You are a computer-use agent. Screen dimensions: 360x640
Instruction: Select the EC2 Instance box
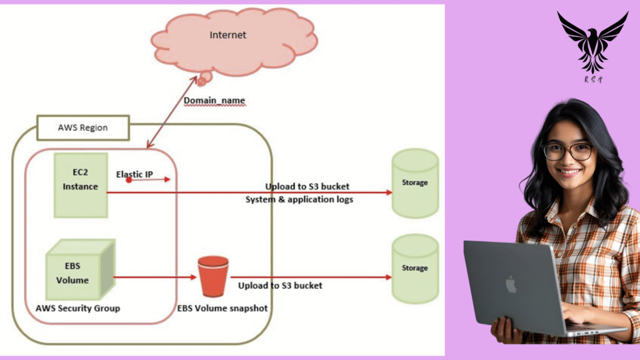81,184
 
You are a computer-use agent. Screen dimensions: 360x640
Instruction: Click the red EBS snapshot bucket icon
213,277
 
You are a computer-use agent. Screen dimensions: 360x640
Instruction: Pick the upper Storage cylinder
415,183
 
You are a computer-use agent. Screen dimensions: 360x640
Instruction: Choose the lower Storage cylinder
415,269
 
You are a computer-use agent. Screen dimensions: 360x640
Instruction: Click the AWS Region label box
83,127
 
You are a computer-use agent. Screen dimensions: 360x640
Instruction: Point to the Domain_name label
214,100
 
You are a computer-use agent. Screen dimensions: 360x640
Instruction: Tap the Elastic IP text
134,174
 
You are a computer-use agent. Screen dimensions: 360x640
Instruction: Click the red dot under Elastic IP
129,180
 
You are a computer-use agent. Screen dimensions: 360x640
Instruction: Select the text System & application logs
299,199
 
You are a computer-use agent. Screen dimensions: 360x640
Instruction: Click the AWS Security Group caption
78,308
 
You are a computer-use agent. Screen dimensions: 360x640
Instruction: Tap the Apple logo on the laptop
511,285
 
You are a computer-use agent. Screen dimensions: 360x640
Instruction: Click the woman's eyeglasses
567,151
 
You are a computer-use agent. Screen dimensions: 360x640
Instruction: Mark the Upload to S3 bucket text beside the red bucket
280,286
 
